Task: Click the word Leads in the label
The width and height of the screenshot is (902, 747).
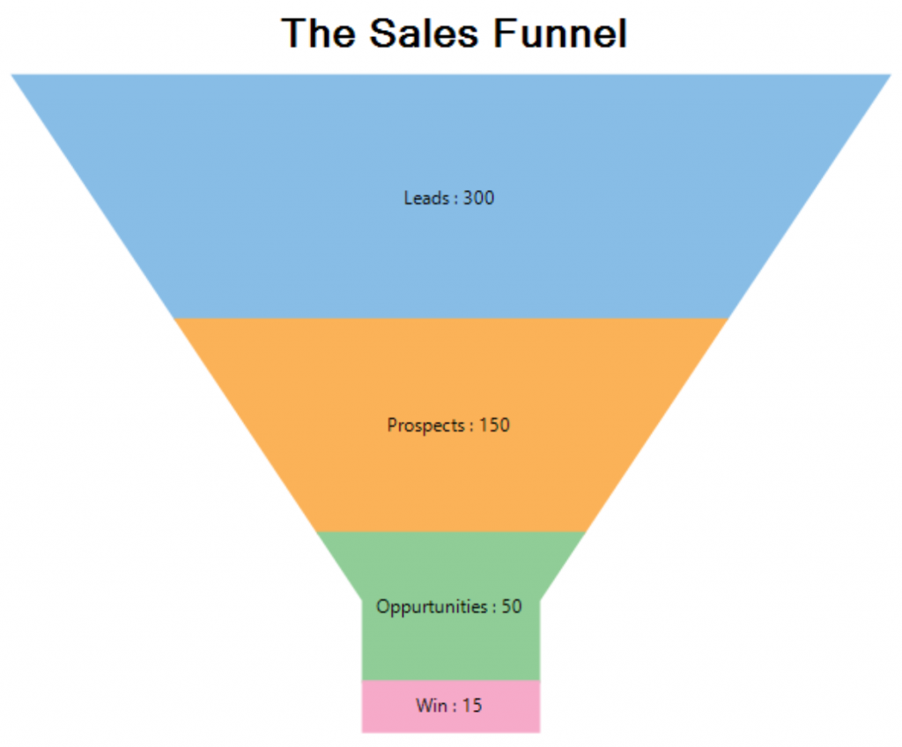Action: [x=426, y=198]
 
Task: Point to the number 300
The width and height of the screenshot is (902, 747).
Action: [x=478, y=198]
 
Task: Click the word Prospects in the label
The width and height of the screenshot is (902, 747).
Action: [x=425, y=425]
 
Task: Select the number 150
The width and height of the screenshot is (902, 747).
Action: [x=494, y=425]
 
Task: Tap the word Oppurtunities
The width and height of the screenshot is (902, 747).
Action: [x=432, y=607]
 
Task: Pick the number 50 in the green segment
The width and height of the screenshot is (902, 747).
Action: [x=512, y=607]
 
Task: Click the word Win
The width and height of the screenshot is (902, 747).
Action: [x=430, y=706]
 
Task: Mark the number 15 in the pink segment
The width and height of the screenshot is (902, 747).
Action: [x=472, y=706]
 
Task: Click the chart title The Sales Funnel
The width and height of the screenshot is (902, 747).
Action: [x=455, y=34]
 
